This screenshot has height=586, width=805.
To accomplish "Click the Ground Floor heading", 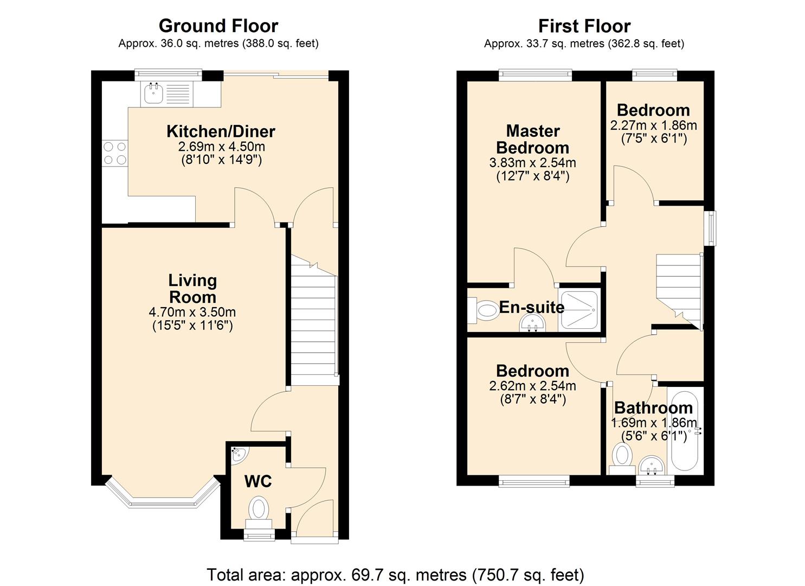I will tap(218, 26).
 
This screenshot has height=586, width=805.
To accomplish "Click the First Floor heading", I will tap(584, 26).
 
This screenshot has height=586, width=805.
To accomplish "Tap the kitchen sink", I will tap(153, 93).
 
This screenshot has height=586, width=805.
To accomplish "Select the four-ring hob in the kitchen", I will tap(114, 152).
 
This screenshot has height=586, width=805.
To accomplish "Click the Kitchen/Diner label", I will tap(221, 131).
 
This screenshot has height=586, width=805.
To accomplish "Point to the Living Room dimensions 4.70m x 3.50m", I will tap(192, 312).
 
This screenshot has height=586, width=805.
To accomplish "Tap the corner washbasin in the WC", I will tap(237, 455).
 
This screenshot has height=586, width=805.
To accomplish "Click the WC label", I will tap(258, 481).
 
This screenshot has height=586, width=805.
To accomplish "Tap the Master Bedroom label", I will tap(532, 139).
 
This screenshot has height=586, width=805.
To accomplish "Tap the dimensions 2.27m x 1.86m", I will tap(653, 125).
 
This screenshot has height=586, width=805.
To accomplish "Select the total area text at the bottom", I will tap(395, 574).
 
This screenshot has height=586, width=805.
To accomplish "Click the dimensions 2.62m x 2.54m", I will tap(532, 386).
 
